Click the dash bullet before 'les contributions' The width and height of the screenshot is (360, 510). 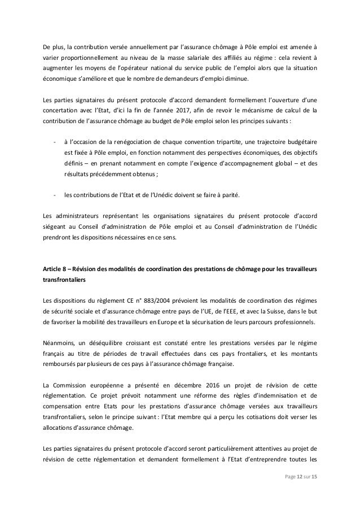(x=54, y=196)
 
